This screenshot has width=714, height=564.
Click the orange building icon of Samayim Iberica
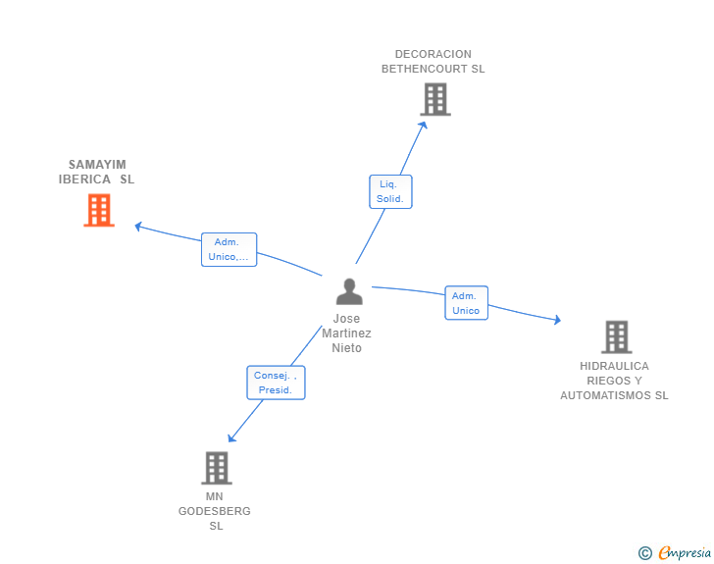(x=99, y=210)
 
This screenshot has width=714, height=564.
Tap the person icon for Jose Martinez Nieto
(x=349, y=291)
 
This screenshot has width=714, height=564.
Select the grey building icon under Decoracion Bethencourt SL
(x=435, y=99)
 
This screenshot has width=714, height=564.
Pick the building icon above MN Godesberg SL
(x=217, y=468)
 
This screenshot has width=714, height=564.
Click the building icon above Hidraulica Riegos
(x=617, y=337)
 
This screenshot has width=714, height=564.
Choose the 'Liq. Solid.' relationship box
(x=390, y=192)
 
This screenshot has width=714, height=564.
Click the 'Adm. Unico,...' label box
(x=229, y=250)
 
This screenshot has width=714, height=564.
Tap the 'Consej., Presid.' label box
(x=276, y=383)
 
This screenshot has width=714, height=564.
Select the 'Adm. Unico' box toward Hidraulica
(x=466, y=303)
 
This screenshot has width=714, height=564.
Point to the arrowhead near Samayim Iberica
(x=138, y=226)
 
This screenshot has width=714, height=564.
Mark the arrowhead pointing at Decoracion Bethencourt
(x=423, y=126)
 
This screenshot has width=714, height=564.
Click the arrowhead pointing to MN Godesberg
(x=231, y=437)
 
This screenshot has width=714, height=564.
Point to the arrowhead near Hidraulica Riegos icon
(x=557, y=320)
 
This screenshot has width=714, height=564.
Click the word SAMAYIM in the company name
(x=97, y=165)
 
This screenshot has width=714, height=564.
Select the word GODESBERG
(x=215, y=511)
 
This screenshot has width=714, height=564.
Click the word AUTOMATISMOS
(x=606, y=395)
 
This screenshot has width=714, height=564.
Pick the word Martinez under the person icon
(x=346, y=333)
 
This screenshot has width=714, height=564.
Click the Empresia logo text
(x=685, y=553)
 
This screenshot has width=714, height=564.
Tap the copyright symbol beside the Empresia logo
(x=645, y=553)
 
